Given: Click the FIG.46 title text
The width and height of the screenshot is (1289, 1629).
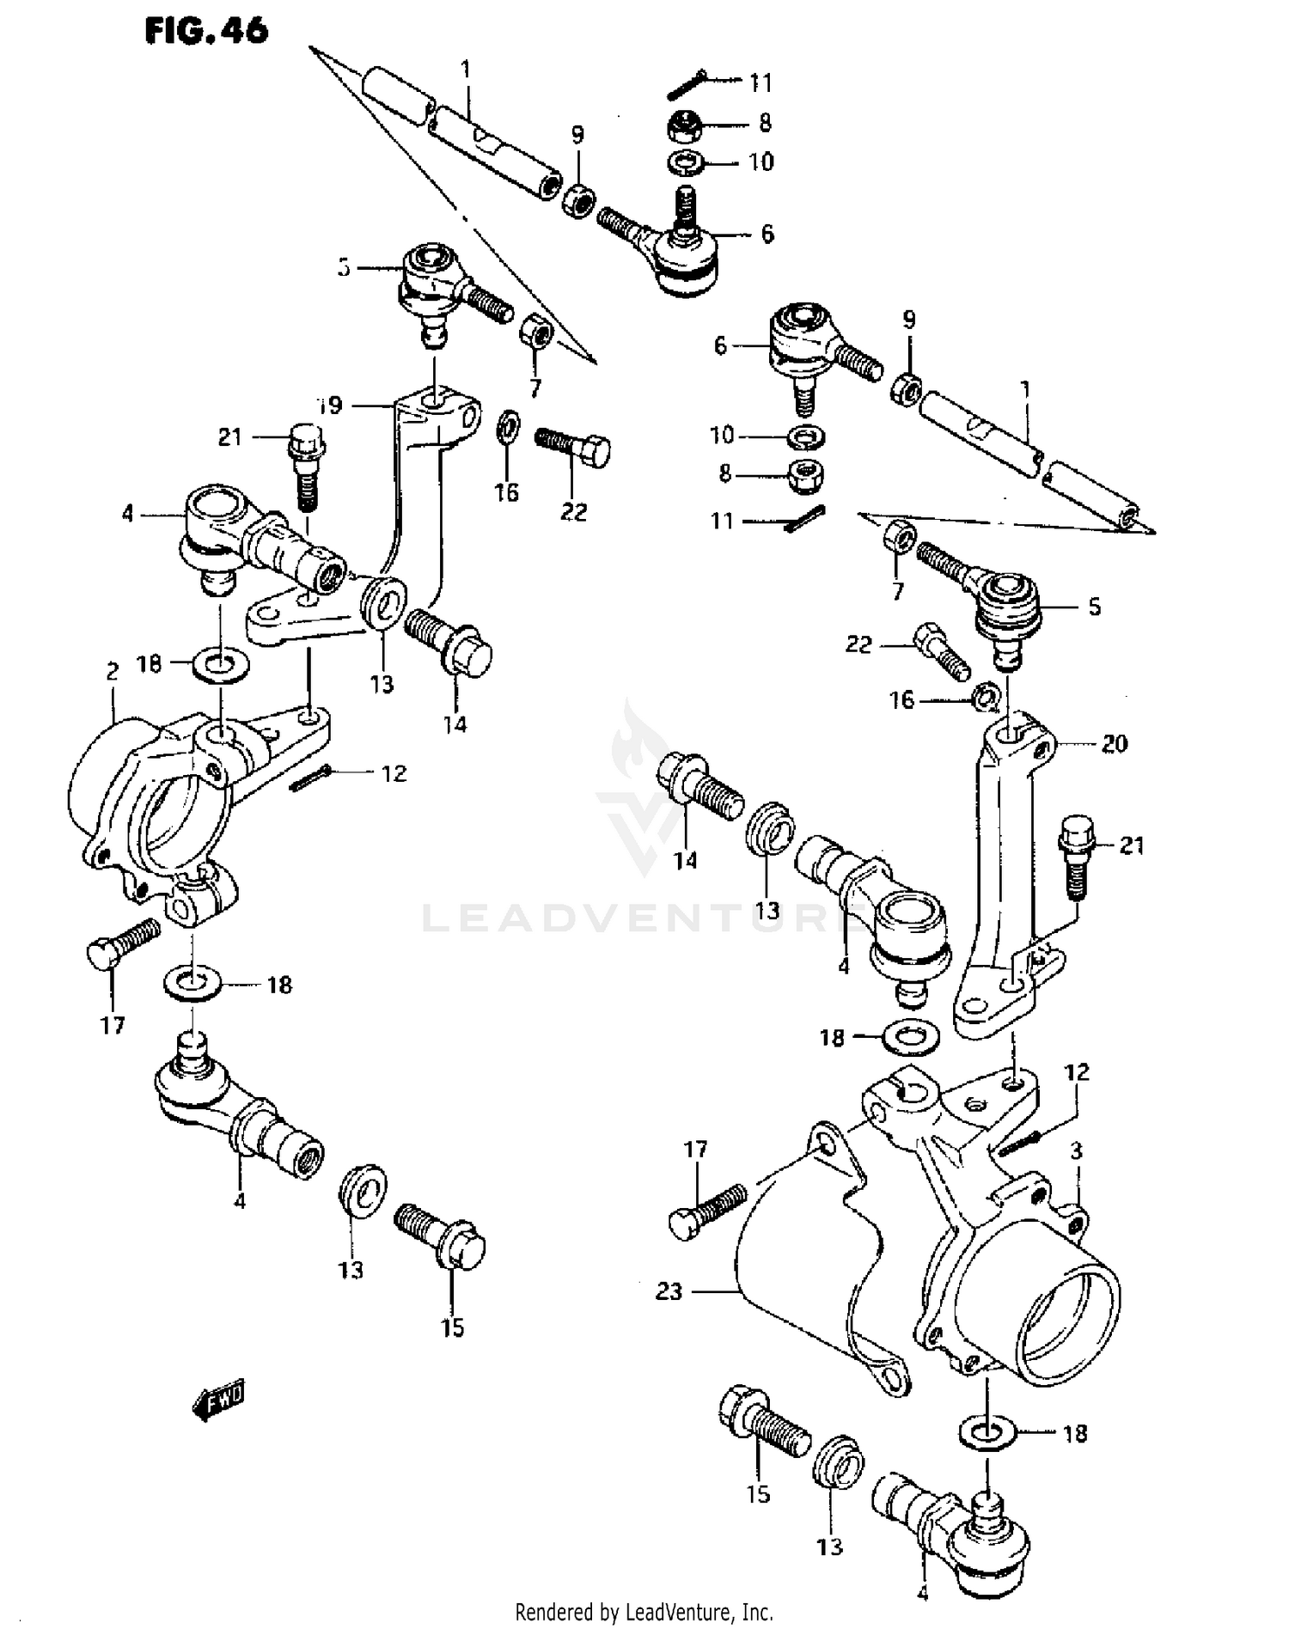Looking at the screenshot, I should coord(206,31).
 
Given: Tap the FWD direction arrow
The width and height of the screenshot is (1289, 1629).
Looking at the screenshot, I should coord(218,1404).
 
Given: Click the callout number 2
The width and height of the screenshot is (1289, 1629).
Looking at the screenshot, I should coord(113,672).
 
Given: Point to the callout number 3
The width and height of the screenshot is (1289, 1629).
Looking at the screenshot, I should coord(1076,1150).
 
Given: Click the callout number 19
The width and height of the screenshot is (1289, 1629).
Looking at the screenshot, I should coord(328,406).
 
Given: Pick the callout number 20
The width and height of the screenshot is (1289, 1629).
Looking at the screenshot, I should coord(1114,743).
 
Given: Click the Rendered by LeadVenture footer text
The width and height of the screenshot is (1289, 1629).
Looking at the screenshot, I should coord(644,1612).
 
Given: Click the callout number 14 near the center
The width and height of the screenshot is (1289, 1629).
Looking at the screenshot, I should coord(685,860).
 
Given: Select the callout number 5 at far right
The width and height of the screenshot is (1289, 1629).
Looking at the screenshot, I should coord(1094,607).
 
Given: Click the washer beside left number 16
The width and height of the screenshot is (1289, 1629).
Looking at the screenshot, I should coord(508,425).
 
